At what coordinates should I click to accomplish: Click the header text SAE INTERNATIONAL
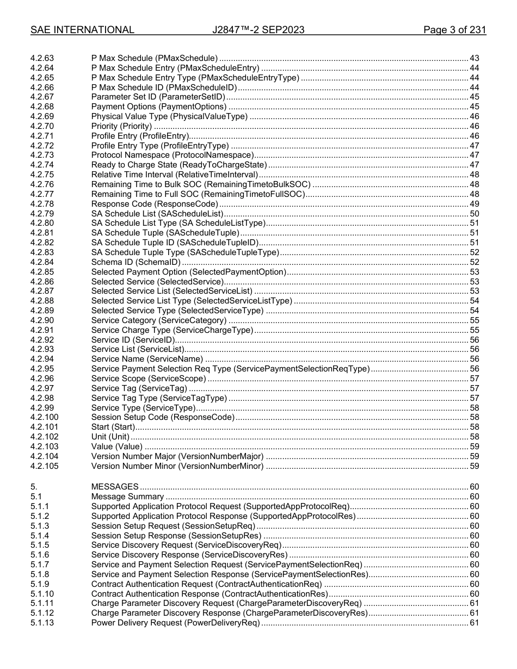point(82,30)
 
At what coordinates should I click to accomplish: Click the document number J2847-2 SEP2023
point(258,30)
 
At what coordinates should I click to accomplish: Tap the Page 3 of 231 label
point(454,30)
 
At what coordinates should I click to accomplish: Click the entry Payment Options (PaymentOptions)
point(158,107)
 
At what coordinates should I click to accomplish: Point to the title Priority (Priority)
point(121,126)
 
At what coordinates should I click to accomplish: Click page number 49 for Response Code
point(474,204)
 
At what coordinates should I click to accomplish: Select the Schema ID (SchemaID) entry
point(136,262)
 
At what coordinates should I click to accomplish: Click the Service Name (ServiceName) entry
point(147,359)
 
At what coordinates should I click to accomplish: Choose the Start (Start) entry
point(113,427)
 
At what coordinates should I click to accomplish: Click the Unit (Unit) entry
point(110,437)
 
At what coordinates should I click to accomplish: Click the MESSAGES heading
point(115,487)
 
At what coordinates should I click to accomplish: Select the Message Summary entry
point(127,497)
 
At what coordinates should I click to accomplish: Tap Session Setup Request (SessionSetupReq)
point(173,526)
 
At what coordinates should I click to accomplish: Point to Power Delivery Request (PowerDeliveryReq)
point(175,623)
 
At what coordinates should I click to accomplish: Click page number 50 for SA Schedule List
point(474,214)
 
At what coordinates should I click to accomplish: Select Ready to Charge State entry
point(179,165)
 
